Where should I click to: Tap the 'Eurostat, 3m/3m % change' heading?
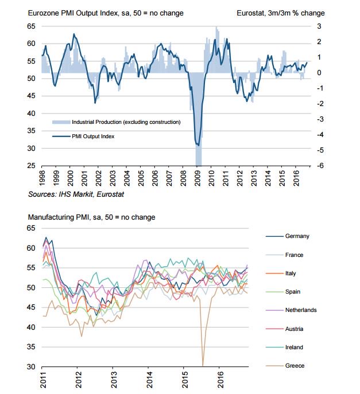point(280,13)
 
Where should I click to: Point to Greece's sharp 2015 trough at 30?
point(203,365)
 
